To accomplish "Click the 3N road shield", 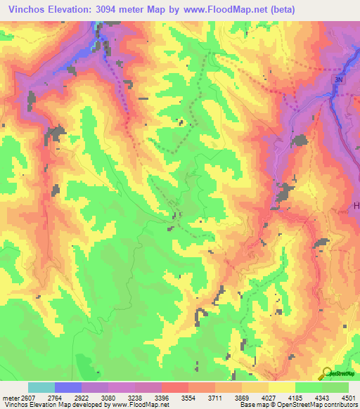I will pos(340,81).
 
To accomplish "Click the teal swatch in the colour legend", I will pos(41,388).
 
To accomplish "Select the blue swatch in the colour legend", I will pos(68,388).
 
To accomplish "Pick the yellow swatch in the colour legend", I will pos(282,388).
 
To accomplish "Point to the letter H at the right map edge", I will pos(355,205).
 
